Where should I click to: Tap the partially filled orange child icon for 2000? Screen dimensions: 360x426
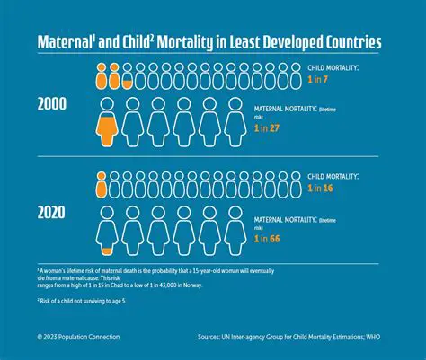coord(129,75)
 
